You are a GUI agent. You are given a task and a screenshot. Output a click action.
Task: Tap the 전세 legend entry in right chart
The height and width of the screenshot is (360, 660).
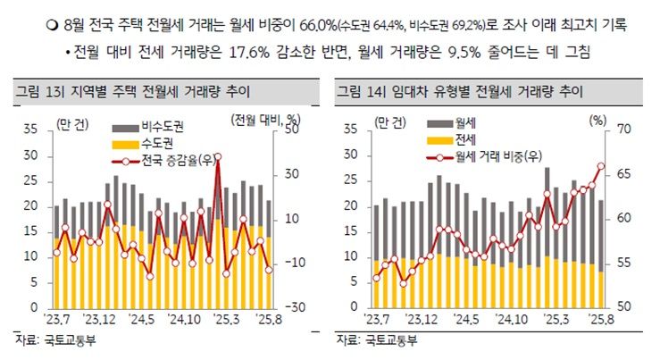464,140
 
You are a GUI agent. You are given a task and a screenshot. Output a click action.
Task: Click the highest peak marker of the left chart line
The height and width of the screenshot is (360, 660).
218,157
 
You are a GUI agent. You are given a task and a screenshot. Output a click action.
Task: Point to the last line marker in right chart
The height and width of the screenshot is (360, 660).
601,166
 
